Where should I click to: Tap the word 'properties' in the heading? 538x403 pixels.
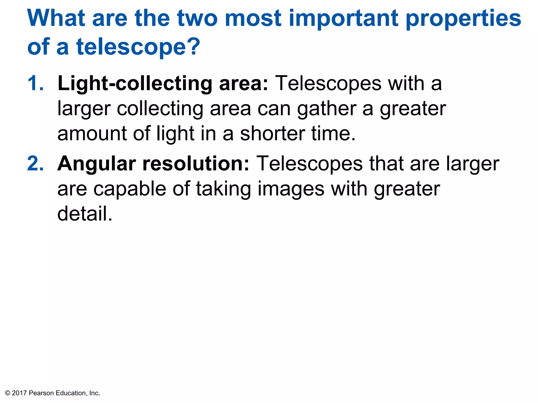pyautogui.click(x=463, y=19)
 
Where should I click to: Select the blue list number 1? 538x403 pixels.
pyautogui.click(x=35, y=83)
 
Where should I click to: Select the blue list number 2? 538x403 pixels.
pyautogui.click(x=36, y=164)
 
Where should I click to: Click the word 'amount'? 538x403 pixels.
pyautogui.click(x=92, y=134)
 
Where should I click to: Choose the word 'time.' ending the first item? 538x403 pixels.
pyautogui.click(x=333, y=134)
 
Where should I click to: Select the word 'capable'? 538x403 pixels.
pyautogui.click(x=130, y=189)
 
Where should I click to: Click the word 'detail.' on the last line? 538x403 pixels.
pyautogui.click(x=85, y=214)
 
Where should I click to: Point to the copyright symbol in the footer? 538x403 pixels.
pyautogui.click(x=8, y=393)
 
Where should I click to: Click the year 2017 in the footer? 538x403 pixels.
pyautogui.click(x=19, y=393)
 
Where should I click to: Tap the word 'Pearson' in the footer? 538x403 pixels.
pyautogui.click(x=41, y=393)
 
